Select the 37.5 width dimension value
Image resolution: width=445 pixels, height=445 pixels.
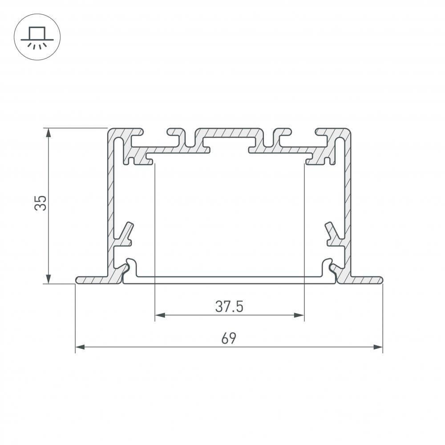229,307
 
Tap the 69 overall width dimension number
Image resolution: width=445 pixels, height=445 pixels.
229,339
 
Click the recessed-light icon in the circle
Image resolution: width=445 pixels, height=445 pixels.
37,37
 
